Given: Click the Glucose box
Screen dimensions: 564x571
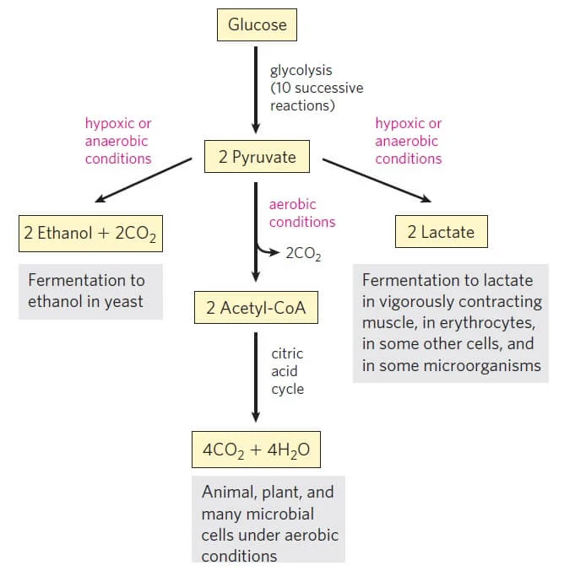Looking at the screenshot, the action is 257,24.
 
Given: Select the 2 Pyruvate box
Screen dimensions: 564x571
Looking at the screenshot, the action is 257,157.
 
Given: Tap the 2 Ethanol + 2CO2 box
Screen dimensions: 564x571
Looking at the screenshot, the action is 91,234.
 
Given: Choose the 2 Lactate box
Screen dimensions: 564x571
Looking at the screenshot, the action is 442,232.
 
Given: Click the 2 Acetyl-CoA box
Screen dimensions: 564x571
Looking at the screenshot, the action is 256,307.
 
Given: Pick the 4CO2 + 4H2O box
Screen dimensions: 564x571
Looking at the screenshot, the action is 257,450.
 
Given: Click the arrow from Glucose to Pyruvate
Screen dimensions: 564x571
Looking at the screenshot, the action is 256,90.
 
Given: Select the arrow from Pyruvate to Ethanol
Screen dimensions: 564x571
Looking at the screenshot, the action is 144,180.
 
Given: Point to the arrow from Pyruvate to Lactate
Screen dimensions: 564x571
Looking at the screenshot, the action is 377,180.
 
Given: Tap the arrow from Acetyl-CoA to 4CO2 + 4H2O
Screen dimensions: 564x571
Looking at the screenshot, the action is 256,377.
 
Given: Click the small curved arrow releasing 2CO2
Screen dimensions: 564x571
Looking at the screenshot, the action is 268,250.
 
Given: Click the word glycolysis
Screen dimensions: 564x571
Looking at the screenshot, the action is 301,70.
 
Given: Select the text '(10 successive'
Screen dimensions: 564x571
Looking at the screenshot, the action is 317,88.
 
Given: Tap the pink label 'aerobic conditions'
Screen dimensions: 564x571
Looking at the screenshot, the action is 302,213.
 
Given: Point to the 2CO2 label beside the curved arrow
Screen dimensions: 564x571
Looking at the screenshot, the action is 303,254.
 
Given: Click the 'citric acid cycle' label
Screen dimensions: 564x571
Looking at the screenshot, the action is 287,371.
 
